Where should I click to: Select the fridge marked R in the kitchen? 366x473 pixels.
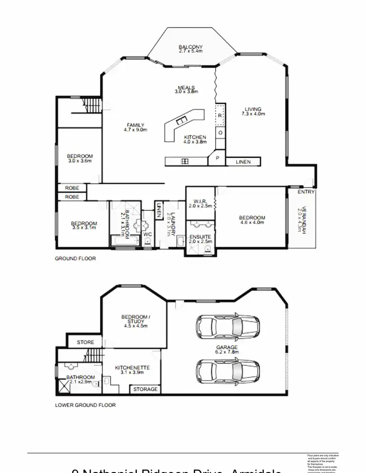[x=220, y=115]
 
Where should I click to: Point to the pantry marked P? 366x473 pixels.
[x=217, y=159]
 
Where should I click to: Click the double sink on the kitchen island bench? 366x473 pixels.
[x=182, y=121]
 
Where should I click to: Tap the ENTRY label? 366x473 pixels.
[x=306, y=192]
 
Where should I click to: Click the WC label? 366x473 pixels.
[x=148, y=234]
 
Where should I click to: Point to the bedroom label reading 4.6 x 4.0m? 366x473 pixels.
[x=252, y=220]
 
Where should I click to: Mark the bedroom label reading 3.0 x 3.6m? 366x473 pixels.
[x=80, y=158]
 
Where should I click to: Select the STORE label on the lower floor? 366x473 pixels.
[x=85, y=342]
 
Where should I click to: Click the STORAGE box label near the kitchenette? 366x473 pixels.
[x=145, y=389]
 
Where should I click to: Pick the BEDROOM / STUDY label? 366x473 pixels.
[x=136, y=320]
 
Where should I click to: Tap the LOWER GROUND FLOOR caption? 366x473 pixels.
[x=85, y=405]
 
